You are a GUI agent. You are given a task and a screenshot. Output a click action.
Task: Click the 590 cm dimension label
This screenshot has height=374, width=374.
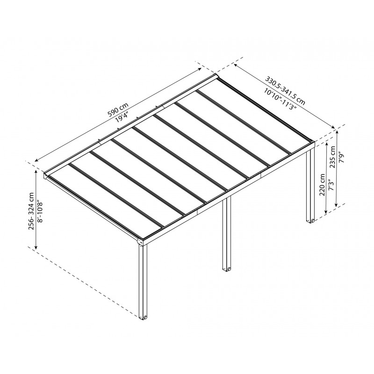[118, 108]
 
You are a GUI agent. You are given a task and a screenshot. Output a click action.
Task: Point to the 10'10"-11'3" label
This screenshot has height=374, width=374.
[280, 98]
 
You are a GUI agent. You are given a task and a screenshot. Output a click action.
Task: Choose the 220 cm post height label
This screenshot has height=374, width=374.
[322, 186]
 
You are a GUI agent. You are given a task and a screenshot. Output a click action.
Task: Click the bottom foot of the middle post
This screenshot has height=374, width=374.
[227, 269]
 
